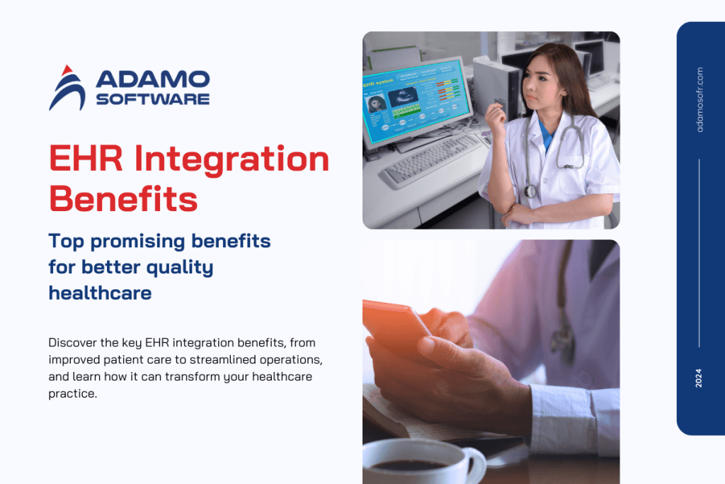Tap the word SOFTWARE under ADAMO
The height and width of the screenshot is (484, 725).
[x=152, y=99]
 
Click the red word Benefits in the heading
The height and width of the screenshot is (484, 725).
[x=123, y=198]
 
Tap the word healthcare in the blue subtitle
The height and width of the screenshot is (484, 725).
[x=100, y=292]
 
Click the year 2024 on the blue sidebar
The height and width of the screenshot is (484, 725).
[x=700, y=378]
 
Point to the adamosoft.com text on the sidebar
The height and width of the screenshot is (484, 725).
[x=700, y=99]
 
